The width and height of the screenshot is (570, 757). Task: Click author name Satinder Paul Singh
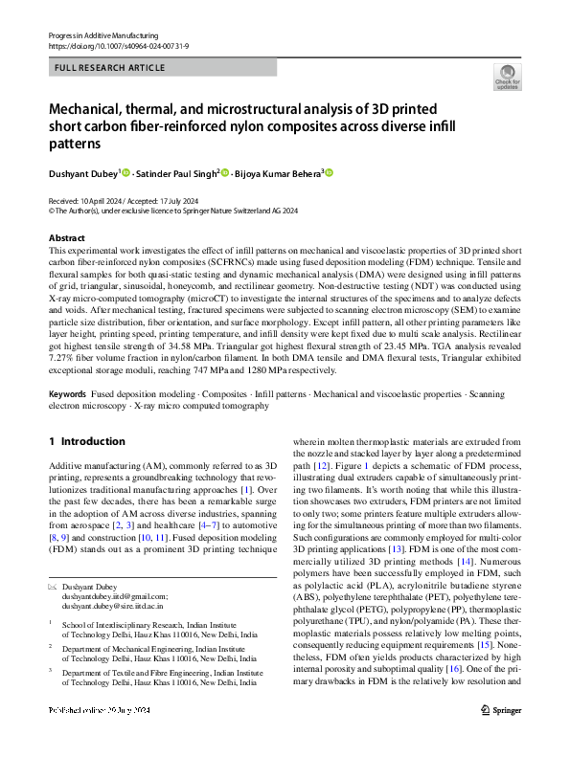(x=176, y=173)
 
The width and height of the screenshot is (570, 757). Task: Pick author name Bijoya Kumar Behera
(x=279, y=173)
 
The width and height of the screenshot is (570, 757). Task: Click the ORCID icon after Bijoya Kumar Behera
(x=330, y=173)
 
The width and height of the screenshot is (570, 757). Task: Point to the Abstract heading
(x=66, y=237)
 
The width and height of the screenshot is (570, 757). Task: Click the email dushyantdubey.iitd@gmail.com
(x=114, y=595)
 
